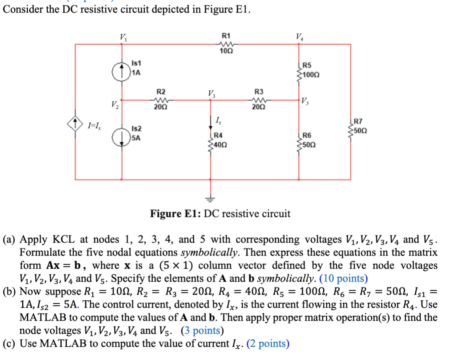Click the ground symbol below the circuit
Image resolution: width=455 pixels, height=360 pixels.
(211, 199)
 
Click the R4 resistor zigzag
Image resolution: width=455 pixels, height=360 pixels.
(212, 142)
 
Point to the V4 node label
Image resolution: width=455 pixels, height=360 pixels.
(299, 36)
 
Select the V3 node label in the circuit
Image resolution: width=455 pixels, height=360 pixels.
(212, 94)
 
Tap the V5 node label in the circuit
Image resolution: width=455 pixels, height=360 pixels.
(306, 102)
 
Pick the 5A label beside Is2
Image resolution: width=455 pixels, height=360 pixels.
(136, 138)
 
